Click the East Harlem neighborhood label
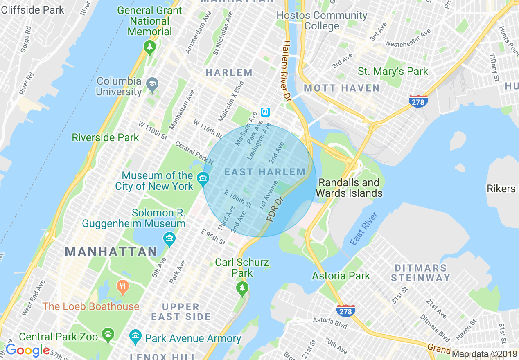pos(264,172)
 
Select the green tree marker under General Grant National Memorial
pos(150,48)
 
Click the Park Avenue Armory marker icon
pos(135,337)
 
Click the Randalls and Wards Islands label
pos(349,188)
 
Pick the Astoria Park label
pos(341,276)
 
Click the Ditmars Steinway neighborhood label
pos(420,273)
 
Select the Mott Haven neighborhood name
pos(342,88)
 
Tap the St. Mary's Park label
pos(393,71)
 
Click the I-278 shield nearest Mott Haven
pos(418,101)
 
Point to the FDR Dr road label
pos(275,210)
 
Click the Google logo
pos(27,350)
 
